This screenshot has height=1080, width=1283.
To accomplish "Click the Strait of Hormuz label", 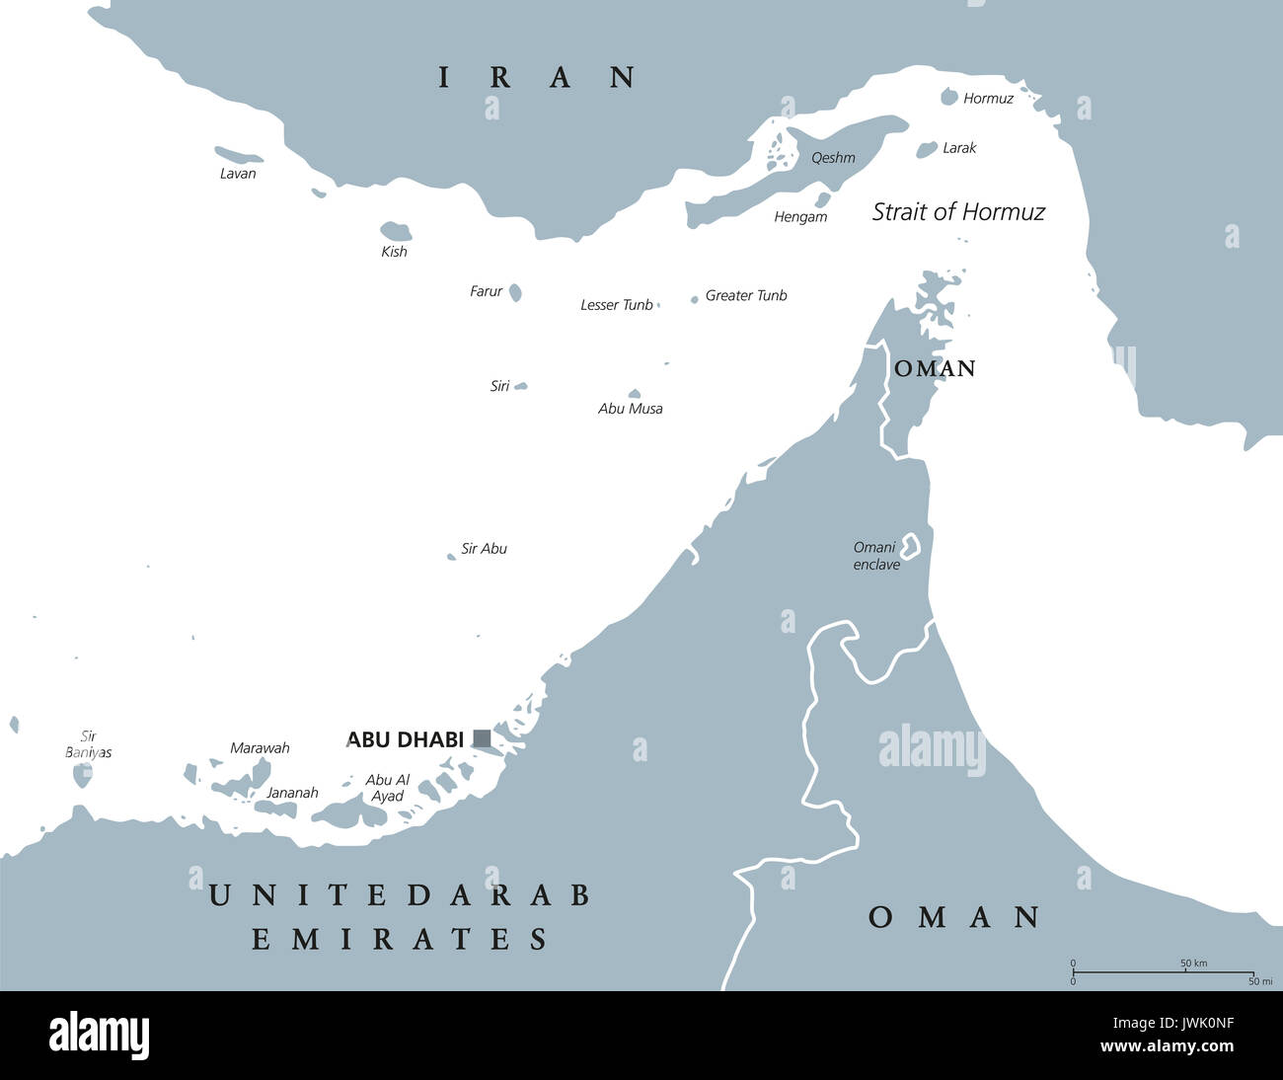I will pyautogui.click(x=958, y=211).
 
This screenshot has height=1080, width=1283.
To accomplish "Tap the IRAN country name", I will pyautogui.click(x=538, y=77).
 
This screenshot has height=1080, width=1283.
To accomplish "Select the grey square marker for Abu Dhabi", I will pyautogui.click(x=482, y=738).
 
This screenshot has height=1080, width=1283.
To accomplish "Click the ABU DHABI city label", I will pyautogui.click(x=405, y=739).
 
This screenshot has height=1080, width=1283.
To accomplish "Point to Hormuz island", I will pyautogui.click(x=949, y=97).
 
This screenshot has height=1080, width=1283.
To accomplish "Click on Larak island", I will pyautogui.click(x=927, y=149).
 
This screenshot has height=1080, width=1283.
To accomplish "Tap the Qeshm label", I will pyautogui.click(x=833, y=158).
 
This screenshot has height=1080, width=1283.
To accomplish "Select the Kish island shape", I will pyautogui.click(x=396, y=231).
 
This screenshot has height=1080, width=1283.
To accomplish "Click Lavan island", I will pyautogui.click(x=238, y=155).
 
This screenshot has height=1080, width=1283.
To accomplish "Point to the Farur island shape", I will pyautogui.click(x=515, y=292).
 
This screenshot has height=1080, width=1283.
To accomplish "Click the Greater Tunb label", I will pyautogui.click(x=746, y=295).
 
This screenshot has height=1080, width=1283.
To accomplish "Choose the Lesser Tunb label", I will pyautogui.click(x=617, y=305).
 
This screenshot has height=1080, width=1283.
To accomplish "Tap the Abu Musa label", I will pyautogui.click(x=631, y=409).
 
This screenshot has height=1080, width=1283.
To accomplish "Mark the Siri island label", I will pyautogui.click(x=500, y=386).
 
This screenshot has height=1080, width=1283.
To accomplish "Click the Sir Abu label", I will pyautogui.click(x=484, y=549).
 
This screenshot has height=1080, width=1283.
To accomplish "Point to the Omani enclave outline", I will pyautogui.click(x=909, y=545).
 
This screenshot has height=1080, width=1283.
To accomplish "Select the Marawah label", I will pyautogui.click(x=260, y=748).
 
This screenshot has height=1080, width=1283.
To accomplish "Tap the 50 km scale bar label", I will pyautogui.click(x=1193, y=963).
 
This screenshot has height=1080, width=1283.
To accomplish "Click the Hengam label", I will pyautogui.click(x=800, y=217).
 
